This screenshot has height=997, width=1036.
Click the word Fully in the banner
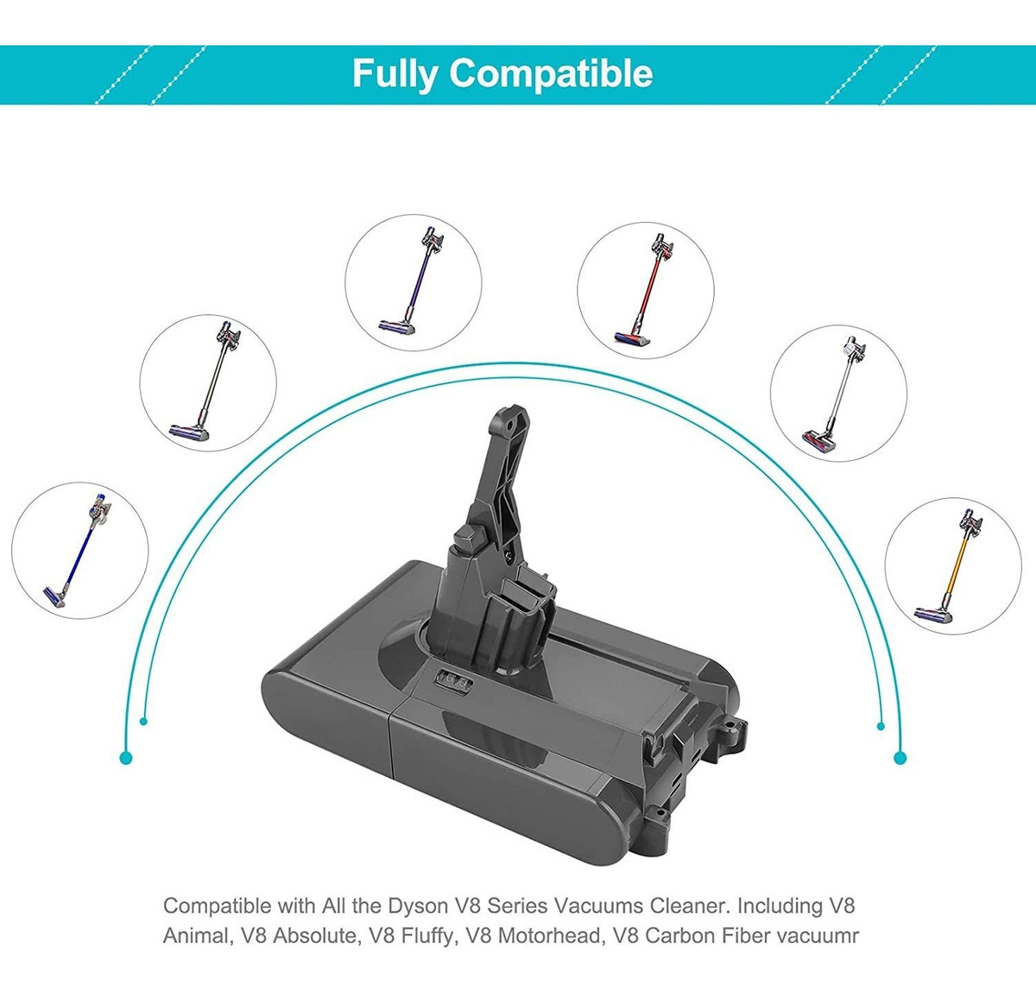pos(395,74)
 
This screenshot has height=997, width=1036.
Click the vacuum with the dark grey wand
pos(205,382)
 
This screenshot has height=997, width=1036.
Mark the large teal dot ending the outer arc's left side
pos(126,758)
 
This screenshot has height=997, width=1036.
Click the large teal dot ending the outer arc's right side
pos(900,758)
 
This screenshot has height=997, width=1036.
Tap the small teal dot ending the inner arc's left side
pos(143,722)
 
